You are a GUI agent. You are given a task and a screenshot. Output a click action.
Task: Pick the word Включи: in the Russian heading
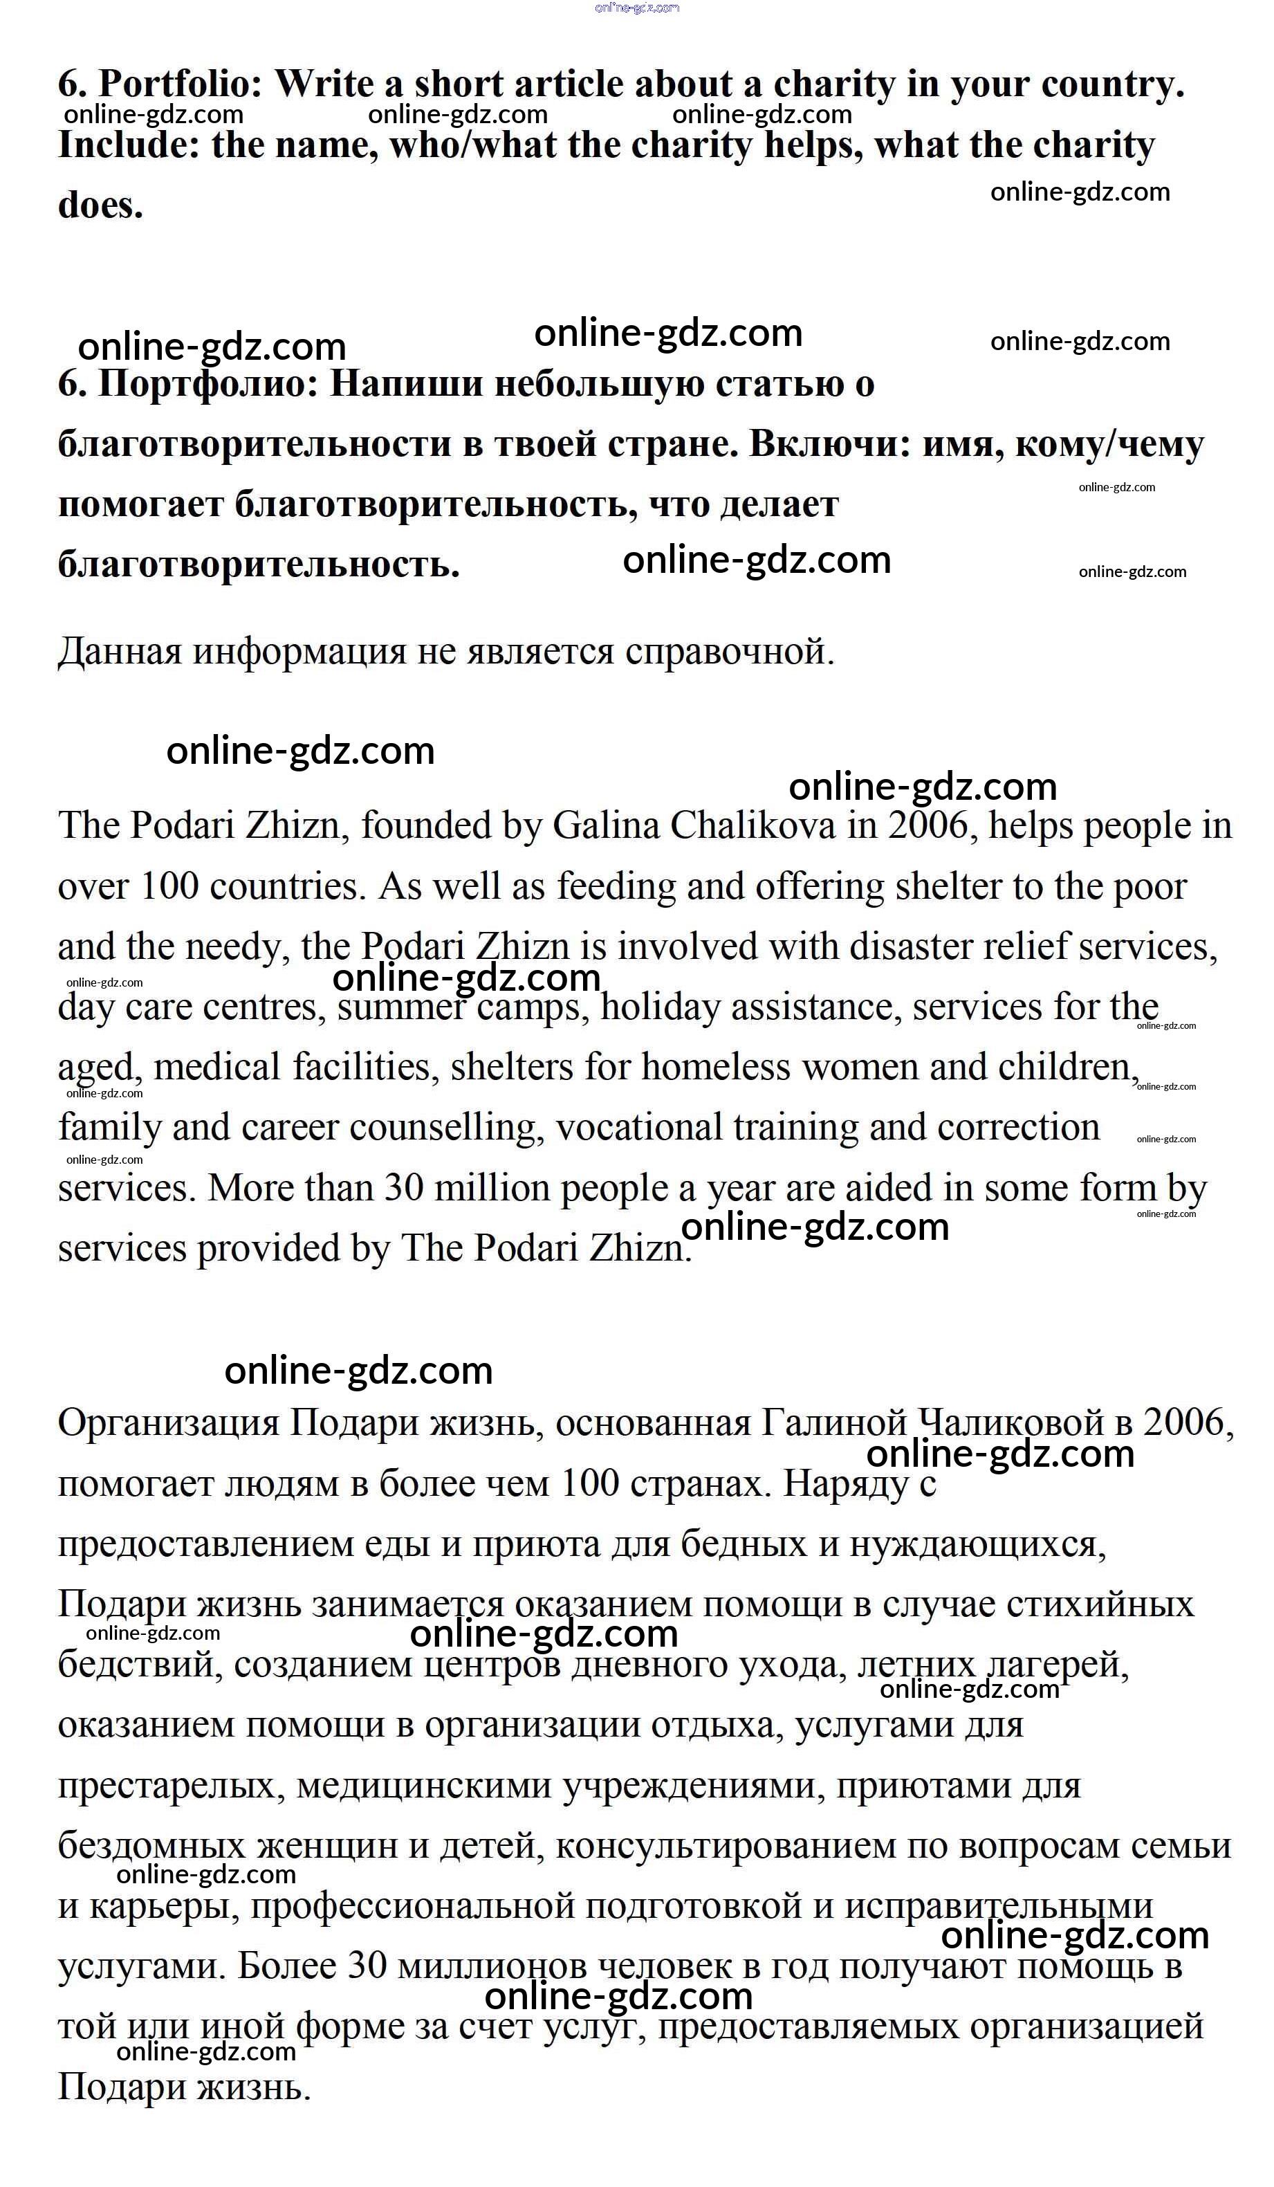[830, 444]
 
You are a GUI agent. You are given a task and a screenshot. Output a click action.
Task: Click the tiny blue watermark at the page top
[637, 8]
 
